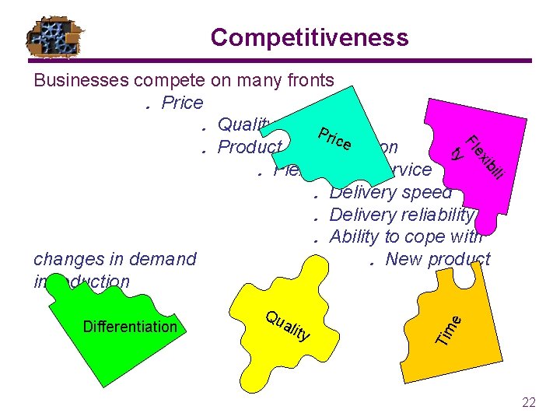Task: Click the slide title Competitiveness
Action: click(309, 37)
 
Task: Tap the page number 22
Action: click(529, 402)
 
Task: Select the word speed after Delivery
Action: click(424, 192)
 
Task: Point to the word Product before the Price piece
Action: click(250, 148)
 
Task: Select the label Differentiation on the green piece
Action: click(130, 327)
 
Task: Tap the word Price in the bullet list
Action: click(183, 103)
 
